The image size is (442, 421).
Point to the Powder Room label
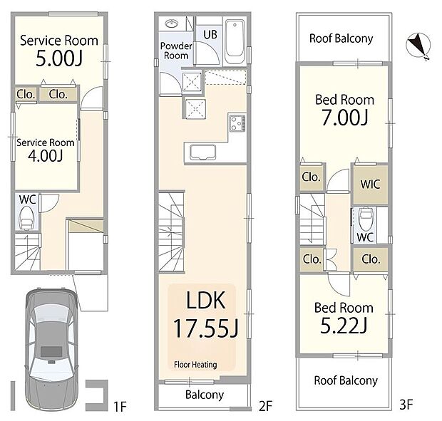pyautogui.click(x=175, y=51)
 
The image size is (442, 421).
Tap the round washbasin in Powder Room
pyautogui.click(x=170, y=24)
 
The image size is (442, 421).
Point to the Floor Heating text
pyautogui.click(x=195, y=365)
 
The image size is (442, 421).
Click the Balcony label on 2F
pyautogui.click(x=205, y=395)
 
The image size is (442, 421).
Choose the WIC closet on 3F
pyautogui.click(x=370, y=184)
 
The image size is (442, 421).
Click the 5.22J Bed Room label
pyautogui.click(x=344, y=317)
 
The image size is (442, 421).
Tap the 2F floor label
pyautogui.click(x=265, y=407)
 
